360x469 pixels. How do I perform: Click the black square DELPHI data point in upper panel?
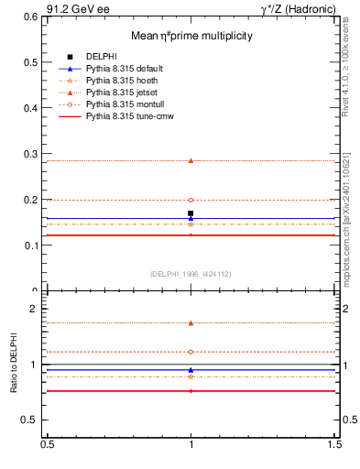pyautogui.click(x=191, y=213)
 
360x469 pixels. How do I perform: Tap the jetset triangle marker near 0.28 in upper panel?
pyautogui.click(x=191, y=160)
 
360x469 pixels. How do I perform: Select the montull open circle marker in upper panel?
pyautogui.click(x=191, y=200)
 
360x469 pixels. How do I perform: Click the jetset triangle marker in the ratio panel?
pyautogui.click(x=191, y=322)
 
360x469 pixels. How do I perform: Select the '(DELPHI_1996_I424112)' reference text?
pyautogui.click(x=191, y=274)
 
